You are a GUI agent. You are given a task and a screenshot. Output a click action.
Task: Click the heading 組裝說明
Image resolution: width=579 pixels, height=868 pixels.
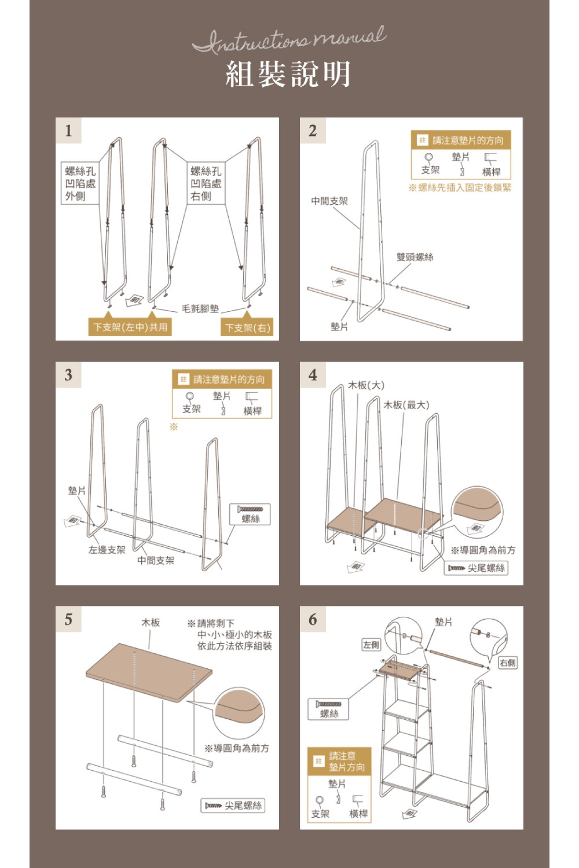(x=288, y=74)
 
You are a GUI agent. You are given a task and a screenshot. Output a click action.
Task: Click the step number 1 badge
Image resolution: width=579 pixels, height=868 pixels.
(x=68, y=131)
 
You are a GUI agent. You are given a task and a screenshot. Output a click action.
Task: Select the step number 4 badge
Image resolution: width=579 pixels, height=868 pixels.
(x=313, y=375)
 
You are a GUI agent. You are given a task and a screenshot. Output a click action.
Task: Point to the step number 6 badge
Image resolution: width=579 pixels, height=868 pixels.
(x=313, y=619)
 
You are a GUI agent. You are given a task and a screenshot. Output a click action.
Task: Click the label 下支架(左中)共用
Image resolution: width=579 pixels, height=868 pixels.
(x=130, y=327)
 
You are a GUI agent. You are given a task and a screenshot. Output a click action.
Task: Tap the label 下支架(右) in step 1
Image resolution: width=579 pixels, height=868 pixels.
(x=248, y=328)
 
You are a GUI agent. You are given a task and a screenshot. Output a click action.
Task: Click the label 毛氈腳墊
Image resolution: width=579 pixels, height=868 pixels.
(x=200, y=308)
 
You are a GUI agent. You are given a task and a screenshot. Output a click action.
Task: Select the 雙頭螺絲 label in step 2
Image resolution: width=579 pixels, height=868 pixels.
(x=415, y=257)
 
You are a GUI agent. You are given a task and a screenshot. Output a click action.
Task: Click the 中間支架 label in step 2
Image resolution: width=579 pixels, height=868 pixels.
(x=329, y=201)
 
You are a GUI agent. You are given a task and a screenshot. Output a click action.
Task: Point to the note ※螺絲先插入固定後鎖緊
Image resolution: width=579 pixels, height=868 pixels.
(x=460, y=187)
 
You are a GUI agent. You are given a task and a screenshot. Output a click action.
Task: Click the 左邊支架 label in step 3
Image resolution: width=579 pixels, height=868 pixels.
(x=107, y=550)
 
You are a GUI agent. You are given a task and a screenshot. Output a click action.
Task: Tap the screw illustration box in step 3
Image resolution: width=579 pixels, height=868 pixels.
(x=250, y=514)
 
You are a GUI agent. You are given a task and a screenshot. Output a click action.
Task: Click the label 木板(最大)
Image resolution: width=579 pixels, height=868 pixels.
(x=406, y=404)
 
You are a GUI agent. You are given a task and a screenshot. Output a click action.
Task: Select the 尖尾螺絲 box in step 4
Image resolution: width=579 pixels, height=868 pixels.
(x=477, y=568)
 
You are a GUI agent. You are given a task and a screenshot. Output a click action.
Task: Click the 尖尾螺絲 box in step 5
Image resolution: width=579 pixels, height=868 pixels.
(x=233, y=806)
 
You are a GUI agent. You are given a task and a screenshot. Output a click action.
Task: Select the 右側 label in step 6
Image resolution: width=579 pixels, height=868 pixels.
(x=508, y=663)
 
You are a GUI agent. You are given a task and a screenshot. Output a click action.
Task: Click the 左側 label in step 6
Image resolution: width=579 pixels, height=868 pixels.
(x=371, y=645)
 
